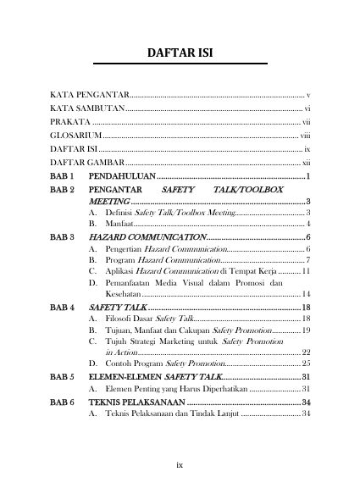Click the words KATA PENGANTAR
[x=85, y=94]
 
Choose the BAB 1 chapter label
[x=62, y=175]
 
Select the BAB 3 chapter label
[x=62, y=236]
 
